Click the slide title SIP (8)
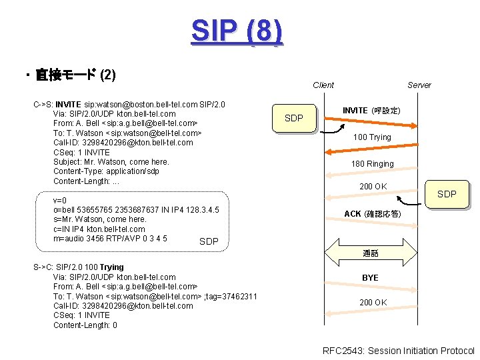click(237, 31)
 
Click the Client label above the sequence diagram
click(323, 85)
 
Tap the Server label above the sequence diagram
click(419, 85)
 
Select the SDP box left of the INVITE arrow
click(293, 119)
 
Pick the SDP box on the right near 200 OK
click(446, 194)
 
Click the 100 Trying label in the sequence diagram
click(372, 137)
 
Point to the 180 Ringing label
click(373, 164)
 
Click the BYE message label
click(370, 277)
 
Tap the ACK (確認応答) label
click(372, 214)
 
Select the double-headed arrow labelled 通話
click(371, 253)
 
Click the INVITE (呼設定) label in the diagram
click(371, 110)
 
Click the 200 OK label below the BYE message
click(373, 303)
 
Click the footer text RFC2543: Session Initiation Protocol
click(398, 351)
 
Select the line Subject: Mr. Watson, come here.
click(111, 162)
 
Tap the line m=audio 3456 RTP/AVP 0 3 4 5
click(110, 239)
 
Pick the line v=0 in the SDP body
click(59, 200)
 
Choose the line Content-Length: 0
click(85, 325)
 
